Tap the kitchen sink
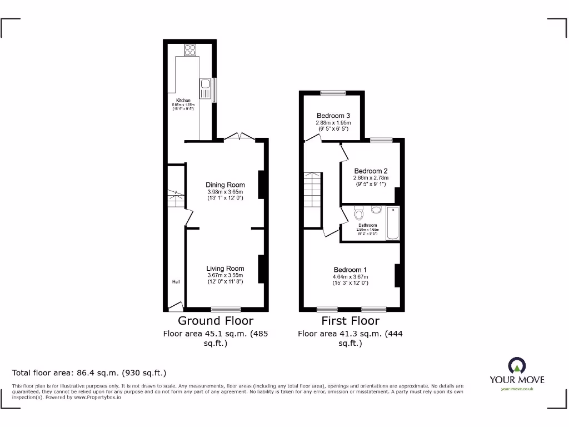(205, 90)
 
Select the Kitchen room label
(183, 101)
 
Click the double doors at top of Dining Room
(239, 137)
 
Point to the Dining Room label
(225, 185)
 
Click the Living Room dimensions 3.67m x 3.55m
(225, 275)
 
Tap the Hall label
(176, 282)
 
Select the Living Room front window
(226, 309)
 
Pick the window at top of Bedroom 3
(332, 92)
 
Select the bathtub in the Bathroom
(393, 223)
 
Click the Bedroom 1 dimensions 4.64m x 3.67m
(350, 277)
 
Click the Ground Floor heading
(216, 321)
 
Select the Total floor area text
(89, 373)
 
